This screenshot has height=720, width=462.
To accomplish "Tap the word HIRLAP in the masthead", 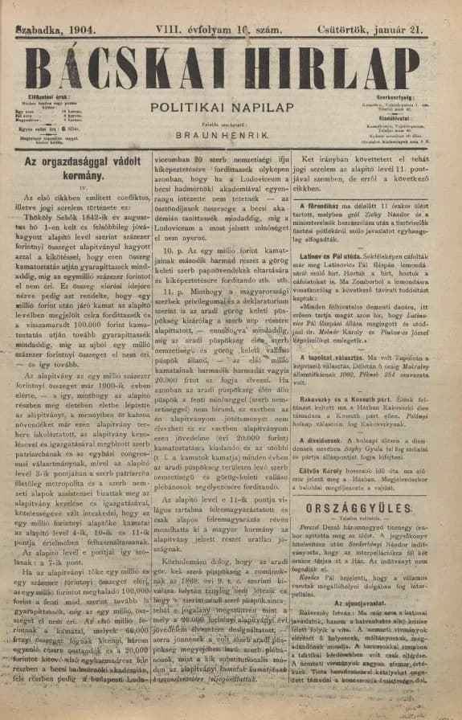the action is pyautogui.click(x=311, y=68).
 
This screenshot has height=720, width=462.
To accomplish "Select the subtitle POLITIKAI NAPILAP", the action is pyautogui.click(x=231, y=106).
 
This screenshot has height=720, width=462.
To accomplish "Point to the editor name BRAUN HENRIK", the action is pyautogui.click(x=231, y=137).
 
